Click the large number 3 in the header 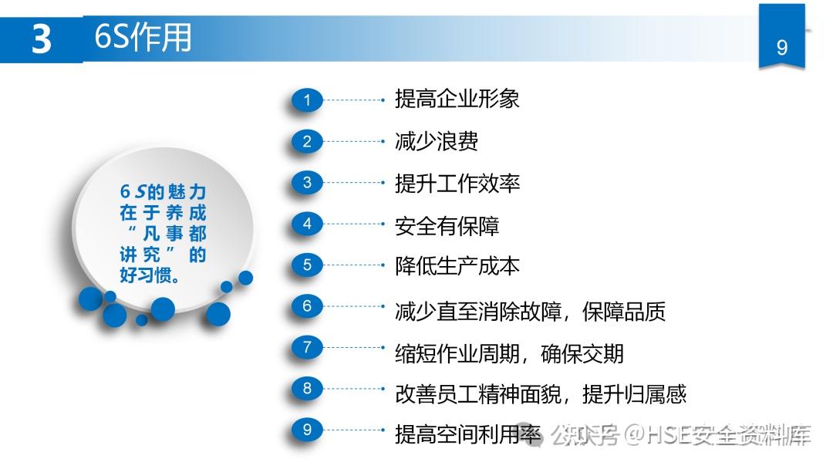pyautogui.click(x=41, y=39)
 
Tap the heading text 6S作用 pyautogui.click(x=143, y=38)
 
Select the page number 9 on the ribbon pyautogui.click(x=782, y=48)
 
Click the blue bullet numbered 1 pyautogui.click(x=307, y=100)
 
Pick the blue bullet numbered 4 pyautogui.click(x=307, y=224)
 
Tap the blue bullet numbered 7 pyautogui.click(x=307, y=348)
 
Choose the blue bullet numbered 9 pyautogui.click(x=307, y=430)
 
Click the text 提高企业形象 pyautogui.click(x=457, y=99)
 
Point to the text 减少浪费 pyautogui.click(x=436, y=141)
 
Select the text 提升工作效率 pyautogui.click(x=457, y=184)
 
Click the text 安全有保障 pyautogui.click(x=447, y=226)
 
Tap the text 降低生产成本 pyautogui.click(x=457, y=266)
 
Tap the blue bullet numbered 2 pyautogui.click(x=307, y=142)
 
